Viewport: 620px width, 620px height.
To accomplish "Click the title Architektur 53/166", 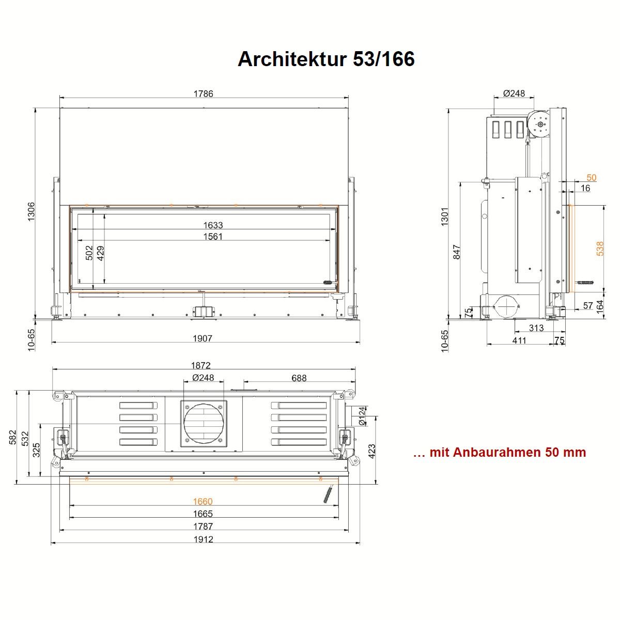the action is point(326,59).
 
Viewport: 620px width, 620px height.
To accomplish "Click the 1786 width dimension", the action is point(204,94).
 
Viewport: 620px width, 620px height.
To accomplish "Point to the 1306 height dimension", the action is point(31,211).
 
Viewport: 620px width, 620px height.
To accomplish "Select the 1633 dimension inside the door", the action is point(213,225).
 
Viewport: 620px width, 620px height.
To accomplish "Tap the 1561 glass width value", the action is point(213,237).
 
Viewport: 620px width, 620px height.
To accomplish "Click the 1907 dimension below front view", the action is point(203,338).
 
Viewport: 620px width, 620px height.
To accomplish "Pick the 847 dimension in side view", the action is point(456,252).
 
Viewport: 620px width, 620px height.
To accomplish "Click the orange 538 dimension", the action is point(600,249).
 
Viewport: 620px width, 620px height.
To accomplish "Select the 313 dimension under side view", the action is point(536,328).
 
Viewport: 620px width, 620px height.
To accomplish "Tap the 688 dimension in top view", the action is point(299,378).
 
